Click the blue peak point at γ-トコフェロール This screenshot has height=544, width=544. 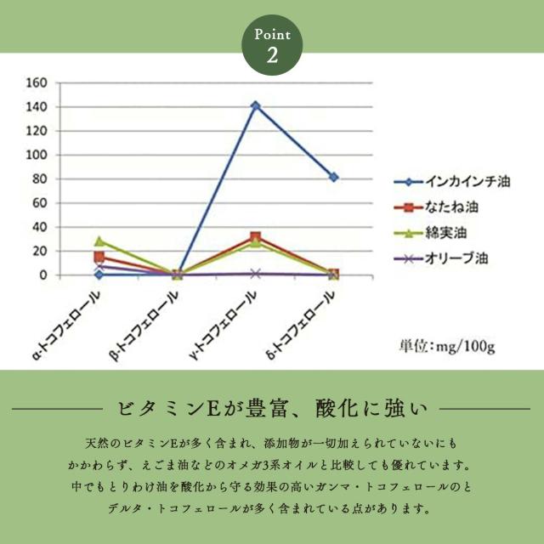(256, 106)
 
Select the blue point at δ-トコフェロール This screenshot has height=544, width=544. (333, 177)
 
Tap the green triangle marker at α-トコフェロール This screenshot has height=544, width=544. (99, 241)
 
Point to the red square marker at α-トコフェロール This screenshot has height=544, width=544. (99, 257)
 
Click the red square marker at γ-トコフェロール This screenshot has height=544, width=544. (256, 237)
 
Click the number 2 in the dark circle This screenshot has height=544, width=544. (272, 57)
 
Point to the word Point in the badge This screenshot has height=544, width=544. (272, 36)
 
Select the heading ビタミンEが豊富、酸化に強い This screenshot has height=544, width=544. (271, 411)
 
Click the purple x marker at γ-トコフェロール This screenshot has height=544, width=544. (256, 274)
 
